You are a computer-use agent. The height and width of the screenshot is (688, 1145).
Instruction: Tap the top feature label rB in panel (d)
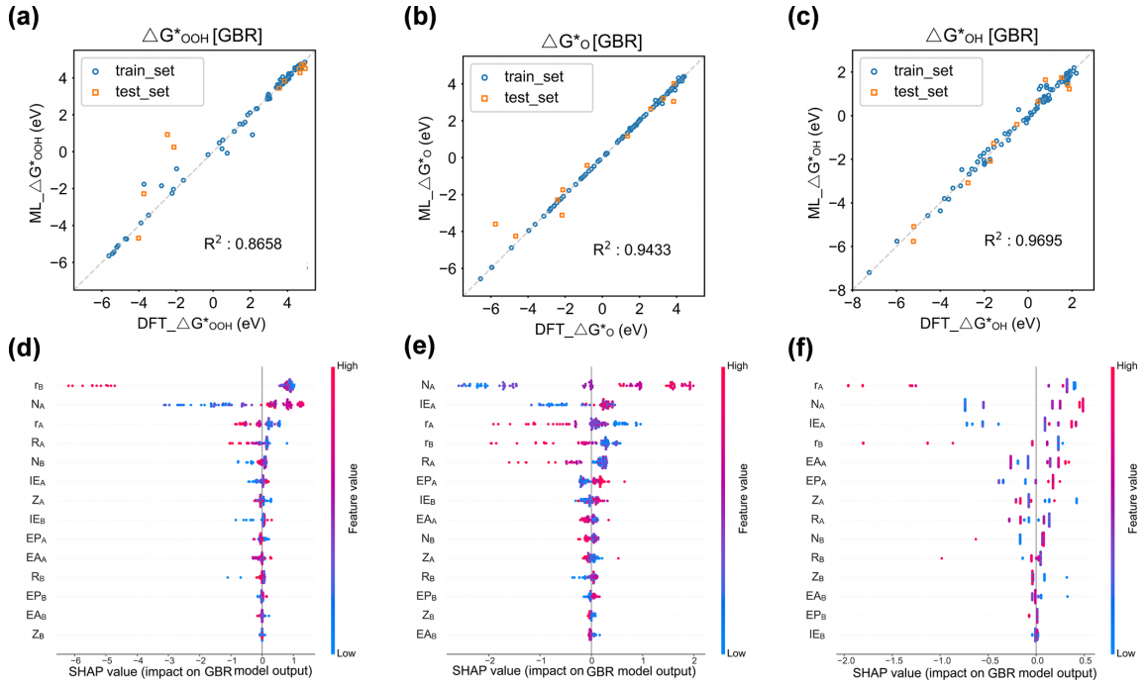click(38, 385)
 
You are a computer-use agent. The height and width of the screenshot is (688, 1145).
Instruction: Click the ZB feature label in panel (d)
click(37, 633)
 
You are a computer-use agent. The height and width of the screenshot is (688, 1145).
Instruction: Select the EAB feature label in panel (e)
click(426, 633)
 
